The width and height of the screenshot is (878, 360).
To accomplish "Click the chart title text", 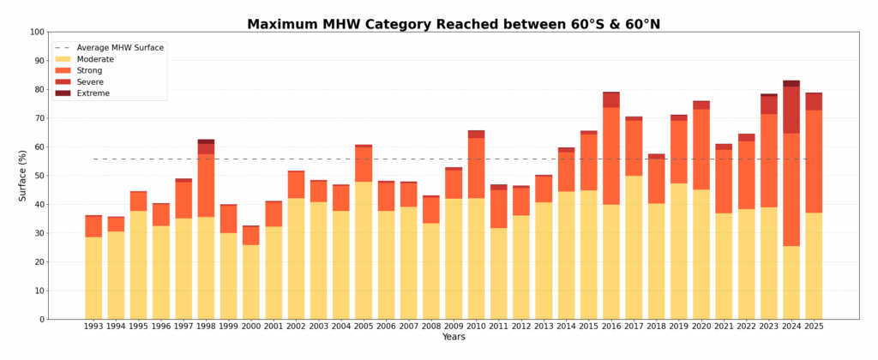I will (x=454, y=24).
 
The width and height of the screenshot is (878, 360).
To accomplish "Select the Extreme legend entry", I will (x=93, y=93).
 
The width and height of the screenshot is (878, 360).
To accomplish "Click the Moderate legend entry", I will (x=101, y=59).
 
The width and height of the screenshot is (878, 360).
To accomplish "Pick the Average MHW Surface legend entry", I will (x=121, y=47).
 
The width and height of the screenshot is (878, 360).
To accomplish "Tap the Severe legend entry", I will (x=92, y=81).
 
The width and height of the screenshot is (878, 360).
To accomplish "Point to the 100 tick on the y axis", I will (x=36, y=33).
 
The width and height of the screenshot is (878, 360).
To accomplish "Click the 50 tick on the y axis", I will (x=39, y=176).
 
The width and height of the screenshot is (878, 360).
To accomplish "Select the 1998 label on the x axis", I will (x=206, y=327).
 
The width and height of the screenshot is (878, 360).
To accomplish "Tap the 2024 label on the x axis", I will (x=791, y=327).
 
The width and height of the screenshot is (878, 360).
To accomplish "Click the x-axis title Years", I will (x=454, y=338).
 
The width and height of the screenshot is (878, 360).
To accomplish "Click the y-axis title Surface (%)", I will (x=23, y=176).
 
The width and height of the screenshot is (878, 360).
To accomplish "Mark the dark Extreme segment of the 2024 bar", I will (x=791, y=83).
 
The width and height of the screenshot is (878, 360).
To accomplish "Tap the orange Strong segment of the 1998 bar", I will (x=206, y=185).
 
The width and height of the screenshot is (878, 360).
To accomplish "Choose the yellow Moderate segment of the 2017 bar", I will (x=634, y=248).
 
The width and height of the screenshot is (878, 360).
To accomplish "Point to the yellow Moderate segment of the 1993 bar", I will (x=93, y=278).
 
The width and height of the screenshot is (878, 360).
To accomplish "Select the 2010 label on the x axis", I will (x=476, y=327).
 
